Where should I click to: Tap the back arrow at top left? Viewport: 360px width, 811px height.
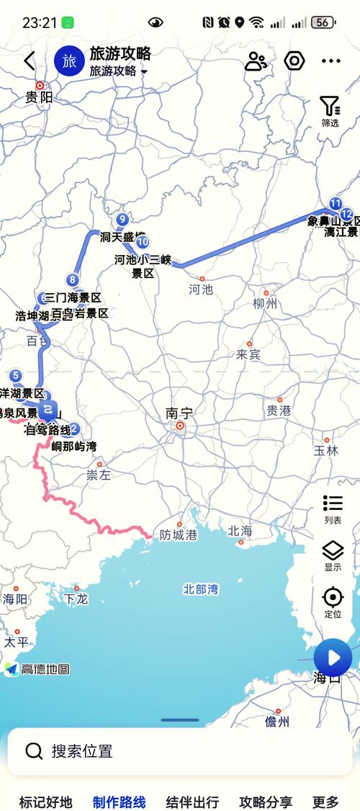[29, 61]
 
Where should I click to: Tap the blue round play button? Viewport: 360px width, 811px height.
[333, 657]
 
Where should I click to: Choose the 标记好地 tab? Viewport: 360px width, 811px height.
[46, 802]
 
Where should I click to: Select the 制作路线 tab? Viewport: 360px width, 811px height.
[120, 802]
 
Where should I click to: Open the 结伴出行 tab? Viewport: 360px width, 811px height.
[192, 802]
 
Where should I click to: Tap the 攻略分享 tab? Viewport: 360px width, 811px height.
[266, 802]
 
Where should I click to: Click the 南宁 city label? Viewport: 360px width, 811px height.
[179, 413]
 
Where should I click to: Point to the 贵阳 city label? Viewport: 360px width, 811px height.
[39, 97]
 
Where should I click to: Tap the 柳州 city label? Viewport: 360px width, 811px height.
[265, 304]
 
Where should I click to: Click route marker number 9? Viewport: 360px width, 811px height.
[122, 220]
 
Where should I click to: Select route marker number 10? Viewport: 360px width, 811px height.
[143, 242]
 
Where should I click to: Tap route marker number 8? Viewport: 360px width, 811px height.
[72, 280]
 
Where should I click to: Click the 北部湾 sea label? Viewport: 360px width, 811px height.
[201, 589]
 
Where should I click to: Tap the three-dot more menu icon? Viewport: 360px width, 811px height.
[330, 61]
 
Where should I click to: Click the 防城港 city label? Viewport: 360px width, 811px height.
[179, 535]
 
